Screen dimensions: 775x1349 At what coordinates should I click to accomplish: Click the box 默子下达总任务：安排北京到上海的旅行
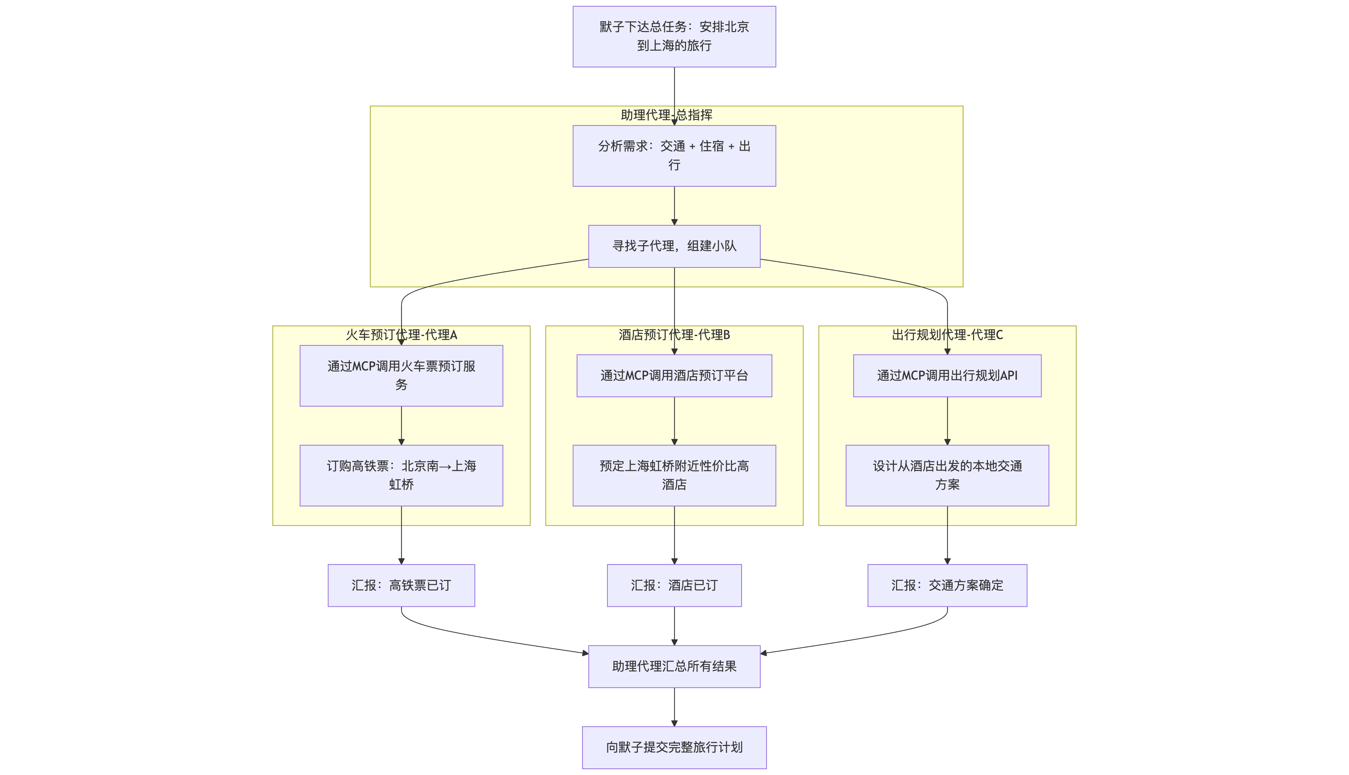coord(674,37)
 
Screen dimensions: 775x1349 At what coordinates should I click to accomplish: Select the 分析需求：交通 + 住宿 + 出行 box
coord(674,155)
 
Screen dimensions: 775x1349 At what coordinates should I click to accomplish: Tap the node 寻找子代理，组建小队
coord(674,246)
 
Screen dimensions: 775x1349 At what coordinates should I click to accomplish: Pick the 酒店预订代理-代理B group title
coord(674,335)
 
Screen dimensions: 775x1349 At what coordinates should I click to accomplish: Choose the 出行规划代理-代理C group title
coord(947,335)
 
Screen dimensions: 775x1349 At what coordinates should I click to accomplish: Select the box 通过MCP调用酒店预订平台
coord(674,375)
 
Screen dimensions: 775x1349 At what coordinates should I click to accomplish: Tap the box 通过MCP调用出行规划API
coord(947,375)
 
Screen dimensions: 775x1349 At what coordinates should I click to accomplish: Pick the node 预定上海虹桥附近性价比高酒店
coord(674,475)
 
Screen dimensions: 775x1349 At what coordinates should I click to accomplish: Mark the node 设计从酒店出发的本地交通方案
coord(947,475)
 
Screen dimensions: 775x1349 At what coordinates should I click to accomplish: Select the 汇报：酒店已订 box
coord(674,585)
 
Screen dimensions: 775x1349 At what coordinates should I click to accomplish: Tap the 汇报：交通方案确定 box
coord(947,585)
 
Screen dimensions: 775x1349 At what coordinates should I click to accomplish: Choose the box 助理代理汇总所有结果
coord(674,666)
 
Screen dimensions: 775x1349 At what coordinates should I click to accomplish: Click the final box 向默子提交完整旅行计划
coord(674,747)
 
